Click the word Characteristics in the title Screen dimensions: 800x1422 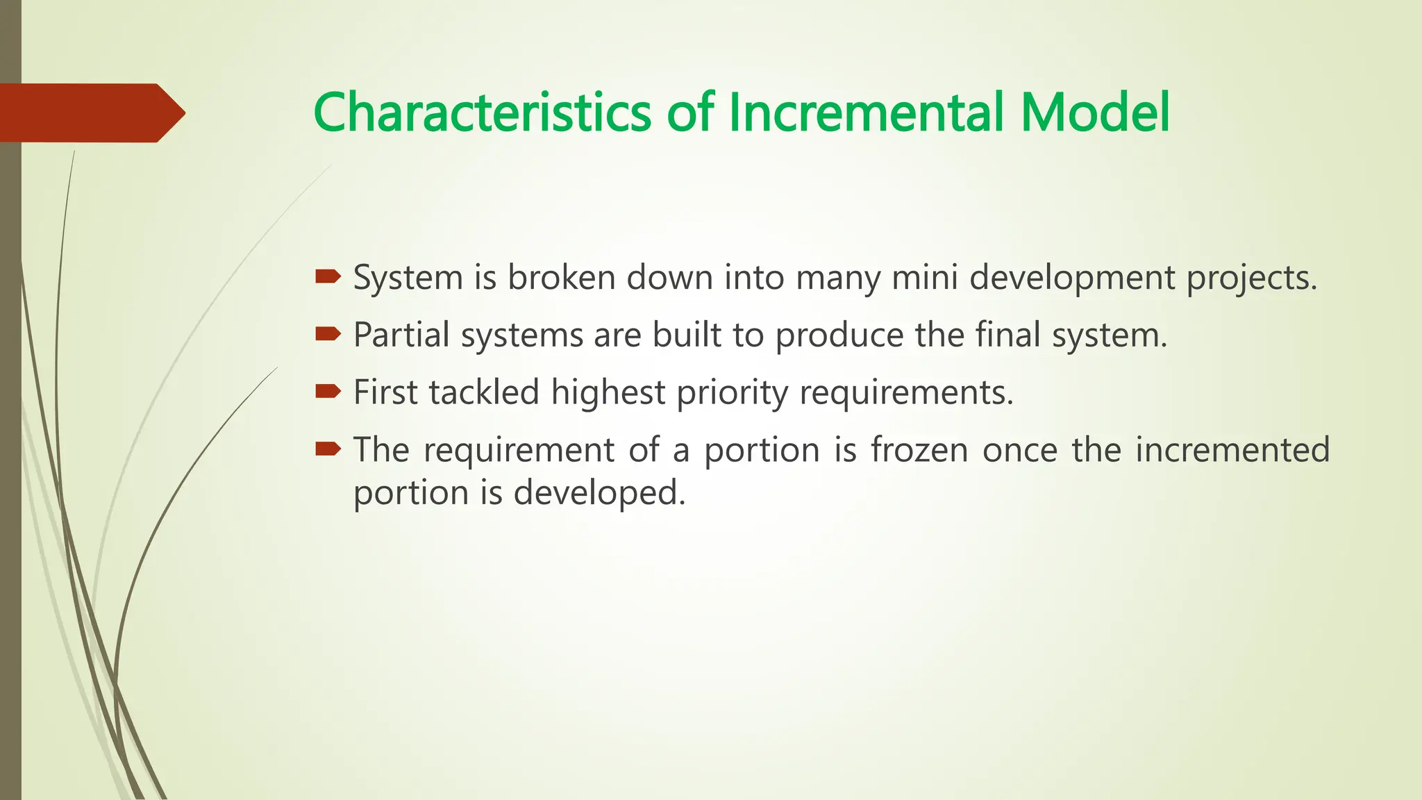point(481,112)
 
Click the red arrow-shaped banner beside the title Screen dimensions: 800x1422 point(90,112)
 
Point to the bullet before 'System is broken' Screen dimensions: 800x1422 point(328,278)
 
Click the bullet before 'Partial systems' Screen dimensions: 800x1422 point(328,335)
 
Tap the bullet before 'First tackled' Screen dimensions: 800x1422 point(328,392)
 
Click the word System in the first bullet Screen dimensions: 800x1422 point(408,278)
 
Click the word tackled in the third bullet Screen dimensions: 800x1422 point(484,392)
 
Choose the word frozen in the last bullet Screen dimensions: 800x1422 point(919,450)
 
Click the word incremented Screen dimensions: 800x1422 point(1232,450)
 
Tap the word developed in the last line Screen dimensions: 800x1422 point(599,494)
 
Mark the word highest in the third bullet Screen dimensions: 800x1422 point(608,393)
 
